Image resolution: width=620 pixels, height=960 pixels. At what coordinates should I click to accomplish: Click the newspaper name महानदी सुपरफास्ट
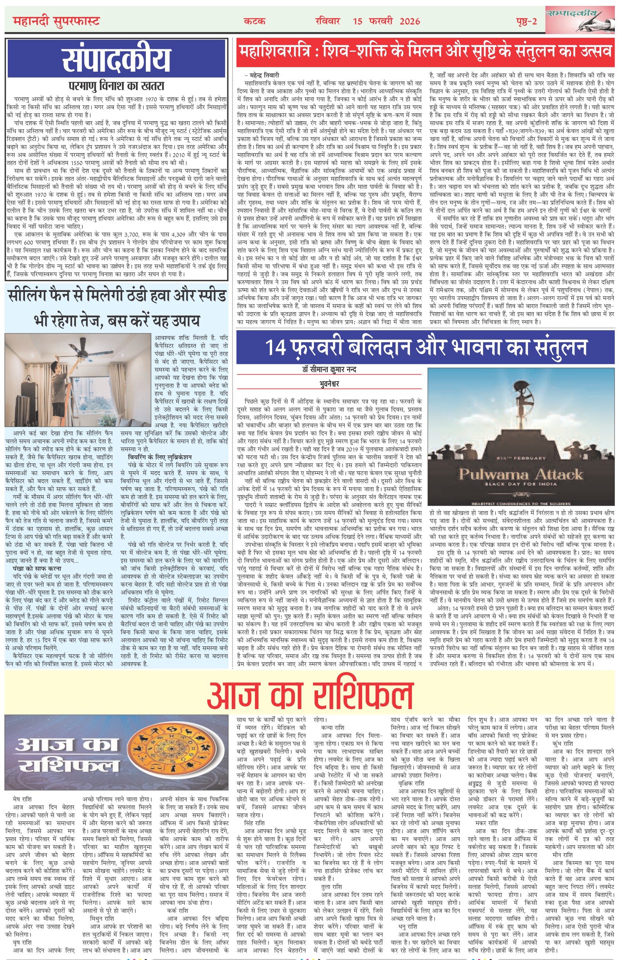click(x=56, y=21)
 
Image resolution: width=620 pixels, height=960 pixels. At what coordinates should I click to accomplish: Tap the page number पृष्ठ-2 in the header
click(x=526, y=21)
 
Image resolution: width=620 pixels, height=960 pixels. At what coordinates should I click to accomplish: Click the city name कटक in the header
click(x=255, y=21)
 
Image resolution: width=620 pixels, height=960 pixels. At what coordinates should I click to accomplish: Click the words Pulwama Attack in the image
click(x=521, y=474)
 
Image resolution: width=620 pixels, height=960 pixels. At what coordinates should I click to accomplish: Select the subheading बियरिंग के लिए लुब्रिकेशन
click(x=160, y=457)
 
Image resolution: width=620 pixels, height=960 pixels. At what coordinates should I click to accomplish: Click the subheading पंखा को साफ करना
click(x=37, y=569)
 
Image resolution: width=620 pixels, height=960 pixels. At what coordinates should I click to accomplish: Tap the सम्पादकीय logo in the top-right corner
click(x=578, y=19)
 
